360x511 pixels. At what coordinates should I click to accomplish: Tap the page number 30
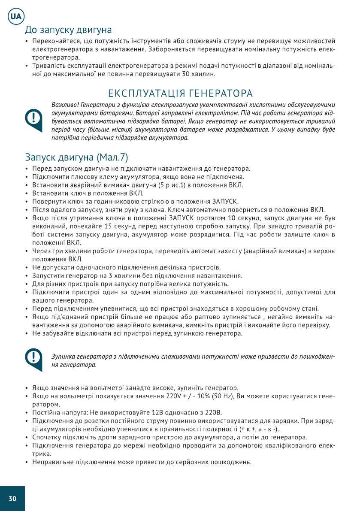[x=12, y=499]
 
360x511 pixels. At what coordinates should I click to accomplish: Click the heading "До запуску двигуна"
[x=68, y=30]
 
